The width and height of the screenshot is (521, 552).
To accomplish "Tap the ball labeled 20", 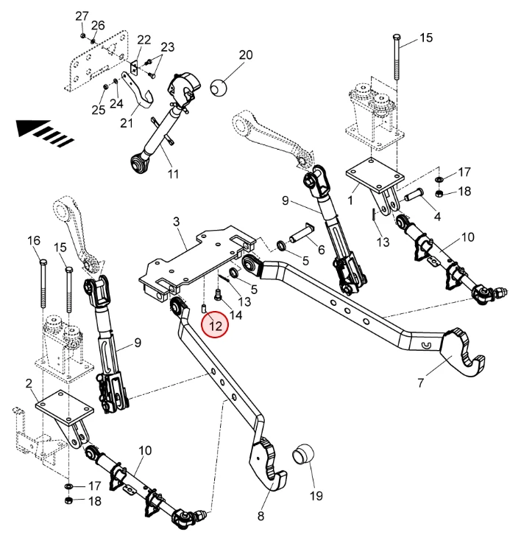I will [220, 88].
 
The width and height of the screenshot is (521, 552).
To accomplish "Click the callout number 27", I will [82, 16].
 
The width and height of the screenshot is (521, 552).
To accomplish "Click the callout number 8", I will [260, 516].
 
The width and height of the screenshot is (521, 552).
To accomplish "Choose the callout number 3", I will [177, 221].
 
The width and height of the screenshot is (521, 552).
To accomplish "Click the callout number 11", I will [174, 175].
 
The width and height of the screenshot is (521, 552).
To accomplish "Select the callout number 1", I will [351, 198].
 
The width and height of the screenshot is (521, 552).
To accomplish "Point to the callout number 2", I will [29, 383].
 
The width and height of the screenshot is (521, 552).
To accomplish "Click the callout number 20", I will [245, 55].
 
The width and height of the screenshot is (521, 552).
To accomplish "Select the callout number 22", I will [143, 39].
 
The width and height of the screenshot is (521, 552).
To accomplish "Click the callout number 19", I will [316, 496].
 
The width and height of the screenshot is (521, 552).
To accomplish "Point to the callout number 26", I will [98, 26].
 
